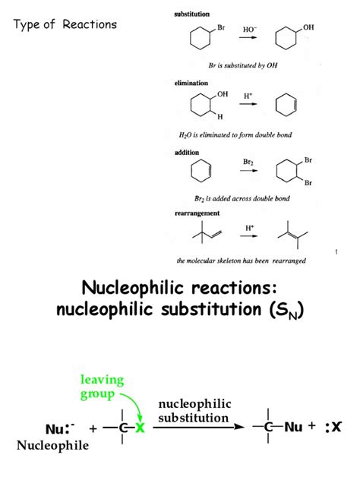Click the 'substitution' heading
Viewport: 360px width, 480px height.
click(x=192, y=14)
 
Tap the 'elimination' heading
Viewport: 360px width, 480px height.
click(x=191, y=83)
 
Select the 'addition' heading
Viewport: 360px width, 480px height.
click(x=187, y=153)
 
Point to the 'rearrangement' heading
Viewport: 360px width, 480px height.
click(x=197, y=213)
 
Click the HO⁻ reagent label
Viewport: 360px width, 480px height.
click(x=250, y=30)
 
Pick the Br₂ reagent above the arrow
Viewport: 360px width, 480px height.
click(x=248, y=162)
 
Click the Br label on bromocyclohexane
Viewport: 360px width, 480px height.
click(x=221, y=27)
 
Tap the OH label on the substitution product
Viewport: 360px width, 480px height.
click(x=308, y=27)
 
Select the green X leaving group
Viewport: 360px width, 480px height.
click(x=140, y=428)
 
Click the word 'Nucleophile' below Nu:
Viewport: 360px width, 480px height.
click(x=52, y=445)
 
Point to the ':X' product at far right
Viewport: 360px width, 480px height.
click(x=333, y=427)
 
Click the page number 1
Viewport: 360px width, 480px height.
click(x=336, y=252)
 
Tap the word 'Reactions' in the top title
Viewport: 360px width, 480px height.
click(x=90, y=24)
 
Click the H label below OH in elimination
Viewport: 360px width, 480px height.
click(x=220, y=117)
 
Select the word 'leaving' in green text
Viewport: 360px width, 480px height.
click(x=103, y=380)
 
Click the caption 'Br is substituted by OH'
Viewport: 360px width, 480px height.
click(x=243, y=65)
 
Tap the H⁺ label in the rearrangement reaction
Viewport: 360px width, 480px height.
click(x=249, y=228)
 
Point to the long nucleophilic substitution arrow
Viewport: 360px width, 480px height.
click(x=199, y=427)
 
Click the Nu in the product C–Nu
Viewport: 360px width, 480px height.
click(x=294, y=427)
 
